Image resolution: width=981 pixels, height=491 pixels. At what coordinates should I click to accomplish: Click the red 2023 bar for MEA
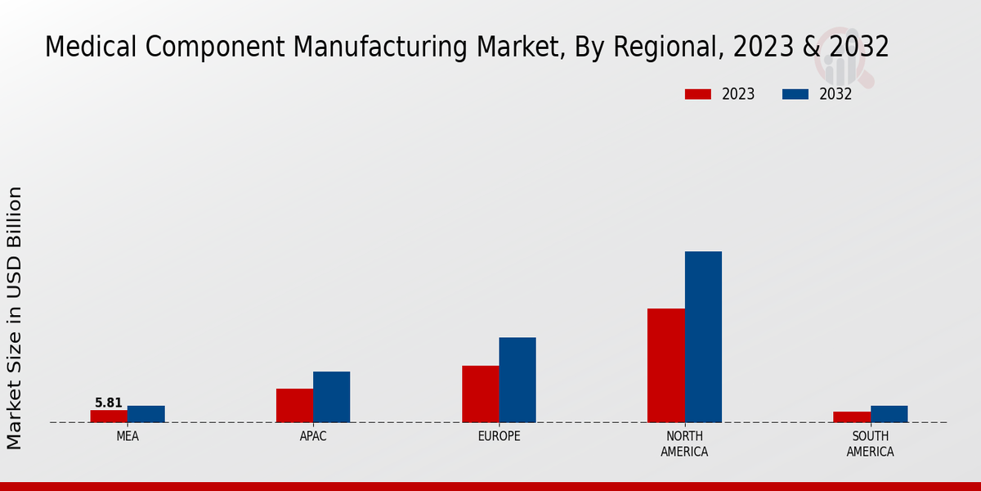point(109,416)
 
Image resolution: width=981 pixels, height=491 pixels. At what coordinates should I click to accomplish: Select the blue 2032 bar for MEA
point(146,414)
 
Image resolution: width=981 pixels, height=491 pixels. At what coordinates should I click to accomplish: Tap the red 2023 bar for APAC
point(294,405)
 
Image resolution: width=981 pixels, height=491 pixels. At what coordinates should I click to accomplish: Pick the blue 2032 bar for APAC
point(332,397)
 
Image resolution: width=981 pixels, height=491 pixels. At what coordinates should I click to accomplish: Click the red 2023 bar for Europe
point(481,394)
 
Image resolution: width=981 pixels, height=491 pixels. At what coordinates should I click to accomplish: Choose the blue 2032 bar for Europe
point(517,380)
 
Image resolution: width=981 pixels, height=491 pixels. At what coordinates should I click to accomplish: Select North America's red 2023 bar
point(666,365)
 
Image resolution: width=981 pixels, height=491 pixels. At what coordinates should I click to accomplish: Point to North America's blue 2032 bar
point(703,336)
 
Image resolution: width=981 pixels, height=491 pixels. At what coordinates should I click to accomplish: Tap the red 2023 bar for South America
point(852,417)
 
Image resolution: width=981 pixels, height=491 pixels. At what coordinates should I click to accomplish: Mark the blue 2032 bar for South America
point(889,414)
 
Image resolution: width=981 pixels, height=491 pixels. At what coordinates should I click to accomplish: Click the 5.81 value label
point(109,403)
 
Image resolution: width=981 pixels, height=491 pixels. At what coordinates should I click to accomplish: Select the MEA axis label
point(128,436)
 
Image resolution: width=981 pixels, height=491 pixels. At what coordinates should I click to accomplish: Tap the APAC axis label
point(313,436)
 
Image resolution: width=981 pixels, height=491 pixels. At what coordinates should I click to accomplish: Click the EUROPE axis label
point(499,436)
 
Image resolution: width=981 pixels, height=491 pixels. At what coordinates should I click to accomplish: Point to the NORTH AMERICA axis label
point(685,444)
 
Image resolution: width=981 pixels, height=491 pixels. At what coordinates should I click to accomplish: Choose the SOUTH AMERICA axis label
point(870,444)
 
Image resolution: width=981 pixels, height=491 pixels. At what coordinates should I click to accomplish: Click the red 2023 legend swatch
point(698,94)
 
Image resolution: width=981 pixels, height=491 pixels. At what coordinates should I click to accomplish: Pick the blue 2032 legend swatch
point(795,94)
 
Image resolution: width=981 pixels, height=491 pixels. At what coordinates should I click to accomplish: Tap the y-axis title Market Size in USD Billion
point(15,318)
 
